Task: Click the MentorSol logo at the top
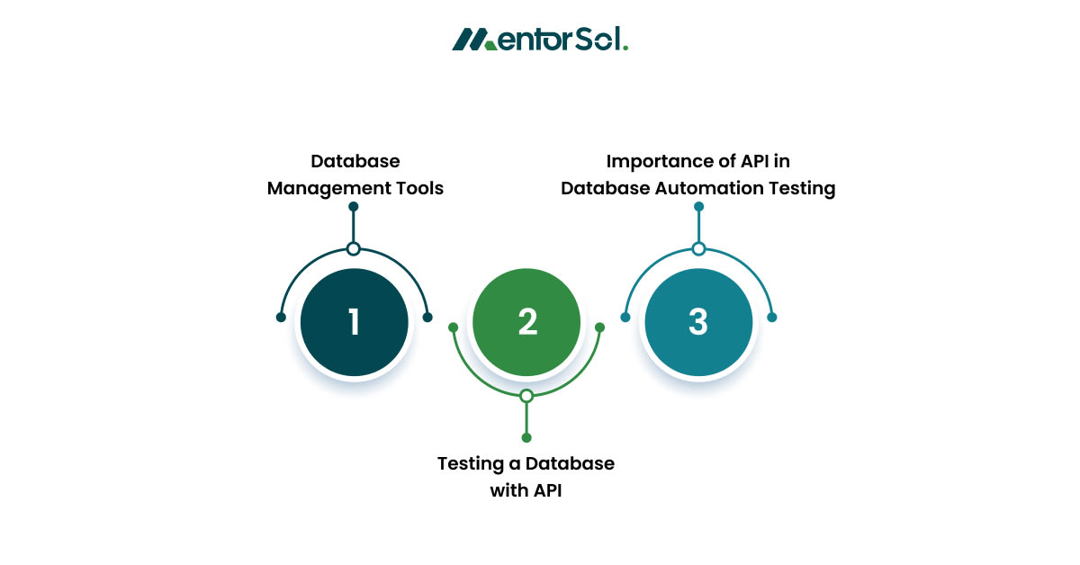click(539, 40)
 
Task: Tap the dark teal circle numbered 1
click(354, 322)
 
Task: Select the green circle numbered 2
click(526, 322)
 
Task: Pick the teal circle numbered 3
click(698, 322)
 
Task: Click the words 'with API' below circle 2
click(526, 491)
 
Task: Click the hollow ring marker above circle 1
click(354, 249)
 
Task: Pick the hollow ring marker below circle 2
click(526, 396)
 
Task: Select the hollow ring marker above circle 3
click(698, 249)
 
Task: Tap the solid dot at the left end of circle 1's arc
click(281, 317)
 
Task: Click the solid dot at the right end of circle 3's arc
click(771, 317)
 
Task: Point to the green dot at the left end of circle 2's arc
click(454, 327)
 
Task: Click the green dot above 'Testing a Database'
click(526, 437)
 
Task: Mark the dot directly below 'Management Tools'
click(354, 207)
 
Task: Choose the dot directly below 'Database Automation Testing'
click(698, 207)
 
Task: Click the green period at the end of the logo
click(625, 48)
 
